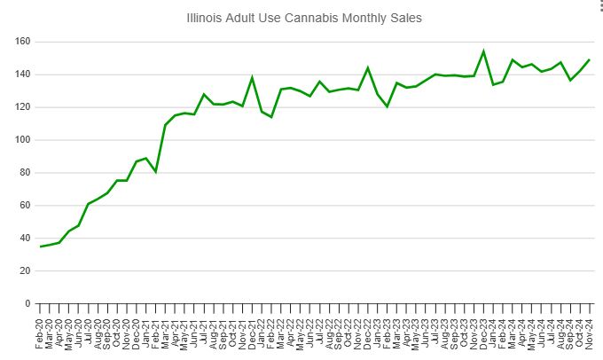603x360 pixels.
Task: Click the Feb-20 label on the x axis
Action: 41,333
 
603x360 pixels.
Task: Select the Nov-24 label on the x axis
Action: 590,333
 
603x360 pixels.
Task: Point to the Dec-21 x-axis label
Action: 253,333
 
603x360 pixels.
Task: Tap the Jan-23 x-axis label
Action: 378,333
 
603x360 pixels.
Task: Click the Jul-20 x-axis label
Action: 89,333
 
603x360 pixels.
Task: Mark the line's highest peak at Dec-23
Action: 483,51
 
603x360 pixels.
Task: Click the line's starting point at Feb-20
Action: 41,247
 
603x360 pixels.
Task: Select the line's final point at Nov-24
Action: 590,59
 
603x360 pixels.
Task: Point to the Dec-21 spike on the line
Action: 253,77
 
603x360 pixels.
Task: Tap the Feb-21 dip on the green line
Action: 156,171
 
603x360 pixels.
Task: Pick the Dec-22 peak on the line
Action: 368,67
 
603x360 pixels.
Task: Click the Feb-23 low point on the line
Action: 388,106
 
